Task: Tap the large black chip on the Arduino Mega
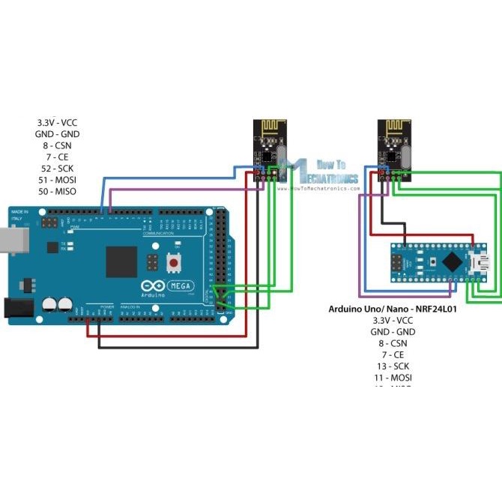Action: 121,261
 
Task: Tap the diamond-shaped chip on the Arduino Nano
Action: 452,261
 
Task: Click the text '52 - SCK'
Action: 57,169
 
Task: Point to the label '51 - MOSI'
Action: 57,181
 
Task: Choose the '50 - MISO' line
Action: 57,193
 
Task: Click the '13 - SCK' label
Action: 393,366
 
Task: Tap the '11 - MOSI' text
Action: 393,378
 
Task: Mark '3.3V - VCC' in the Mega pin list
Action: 57,122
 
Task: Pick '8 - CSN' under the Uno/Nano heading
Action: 393,343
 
